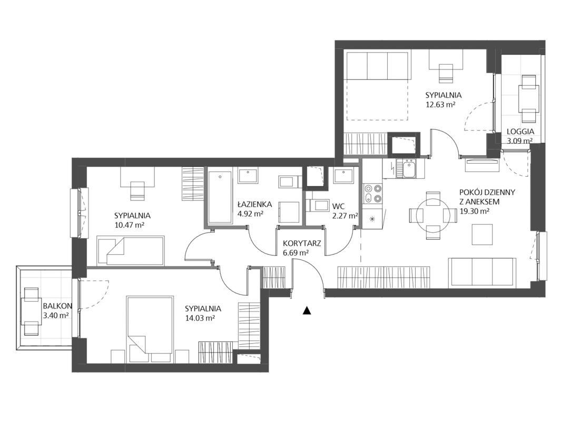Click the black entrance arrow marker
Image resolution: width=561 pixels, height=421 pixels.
(x=307, y=310)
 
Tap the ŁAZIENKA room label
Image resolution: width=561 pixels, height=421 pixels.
(x=254, y=205)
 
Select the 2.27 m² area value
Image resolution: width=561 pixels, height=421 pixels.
(x=345, y=216)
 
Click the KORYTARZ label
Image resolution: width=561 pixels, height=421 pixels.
(x=302, y=243)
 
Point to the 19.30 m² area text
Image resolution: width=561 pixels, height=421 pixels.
(x=475, y=211)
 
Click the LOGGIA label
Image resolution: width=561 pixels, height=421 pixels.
(x=520, y=132)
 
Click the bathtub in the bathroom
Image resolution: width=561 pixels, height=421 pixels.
(x=220, y=197)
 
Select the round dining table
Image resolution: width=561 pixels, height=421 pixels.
(x=434, y=216)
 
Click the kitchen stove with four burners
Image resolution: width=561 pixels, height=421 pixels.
(x=372, y=193)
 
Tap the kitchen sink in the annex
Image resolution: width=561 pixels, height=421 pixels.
(x=408, y=169)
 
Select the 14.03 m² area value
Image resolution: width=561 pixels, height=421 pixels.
(x=200, y=317)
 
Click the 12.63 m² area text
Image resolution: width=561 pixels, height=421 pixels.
(x=440, y=104)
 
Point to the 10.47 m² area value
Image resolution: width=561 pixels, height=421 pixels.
(x=129, y=225)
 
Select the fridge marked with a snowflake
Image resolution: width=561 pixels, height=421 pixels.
(x=372, y=219)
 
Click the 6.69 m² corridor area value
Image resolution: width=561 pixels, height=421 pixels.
(x=296, y=253)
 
